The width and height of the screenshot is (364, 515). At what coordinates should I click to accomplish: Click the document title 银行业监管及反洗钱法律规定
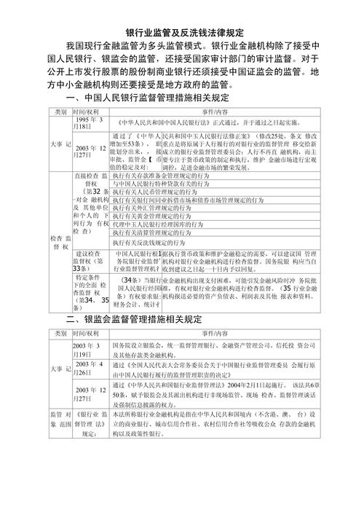[182, 34]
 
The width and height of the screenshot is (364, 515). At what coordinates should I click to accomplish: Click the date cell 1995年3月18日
[92, 122]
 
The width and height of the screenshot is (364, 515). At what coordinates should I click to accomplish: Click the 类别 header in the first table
[60, 111]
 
